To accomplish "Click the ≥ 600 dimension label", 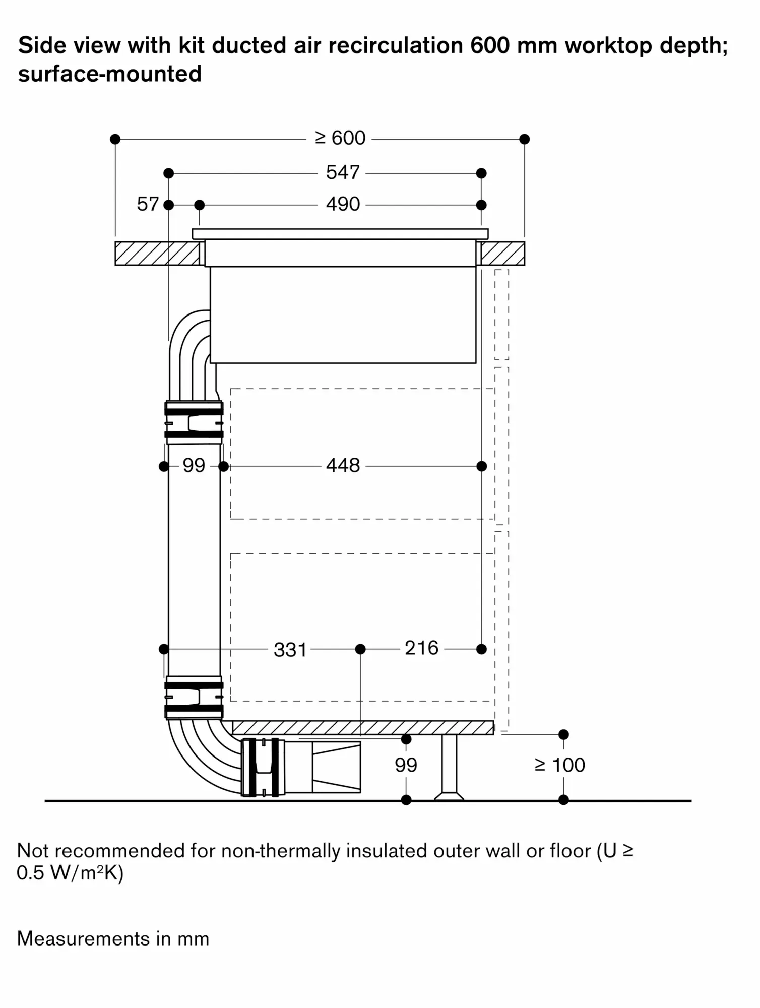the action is pos(341,138).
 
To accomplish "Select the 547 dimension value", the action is pos(343,173).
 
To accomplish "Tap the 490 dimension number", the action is pos(343,205).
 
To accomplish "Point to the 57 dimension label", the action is pos(148,205).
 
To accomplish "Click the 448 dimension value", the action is pos(343,466).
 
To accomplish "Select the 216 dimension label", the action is pos(421,649).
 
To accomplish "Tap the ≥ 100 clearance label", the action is pos(560,766).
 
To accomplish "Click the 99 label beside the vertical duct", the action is pos(194,466).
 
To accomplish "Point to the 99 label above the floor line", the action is pos(406,766).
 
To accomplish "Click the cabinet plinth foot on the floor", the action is pos(449,768).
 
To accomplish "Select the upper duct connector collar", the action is pos(194,422).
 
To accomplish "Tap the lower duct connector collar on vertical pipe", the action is pos(194,698).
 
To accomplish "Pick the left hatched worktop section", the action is pos(157,254).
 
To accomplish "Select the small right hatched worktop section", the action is pos(502,254).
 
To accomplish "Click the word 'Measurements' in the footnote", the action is pos(83,939).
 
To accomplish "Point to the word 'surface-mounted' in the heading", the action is pos(110,74).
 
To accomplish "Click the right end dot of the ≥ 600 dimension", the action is pos(524,139).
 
